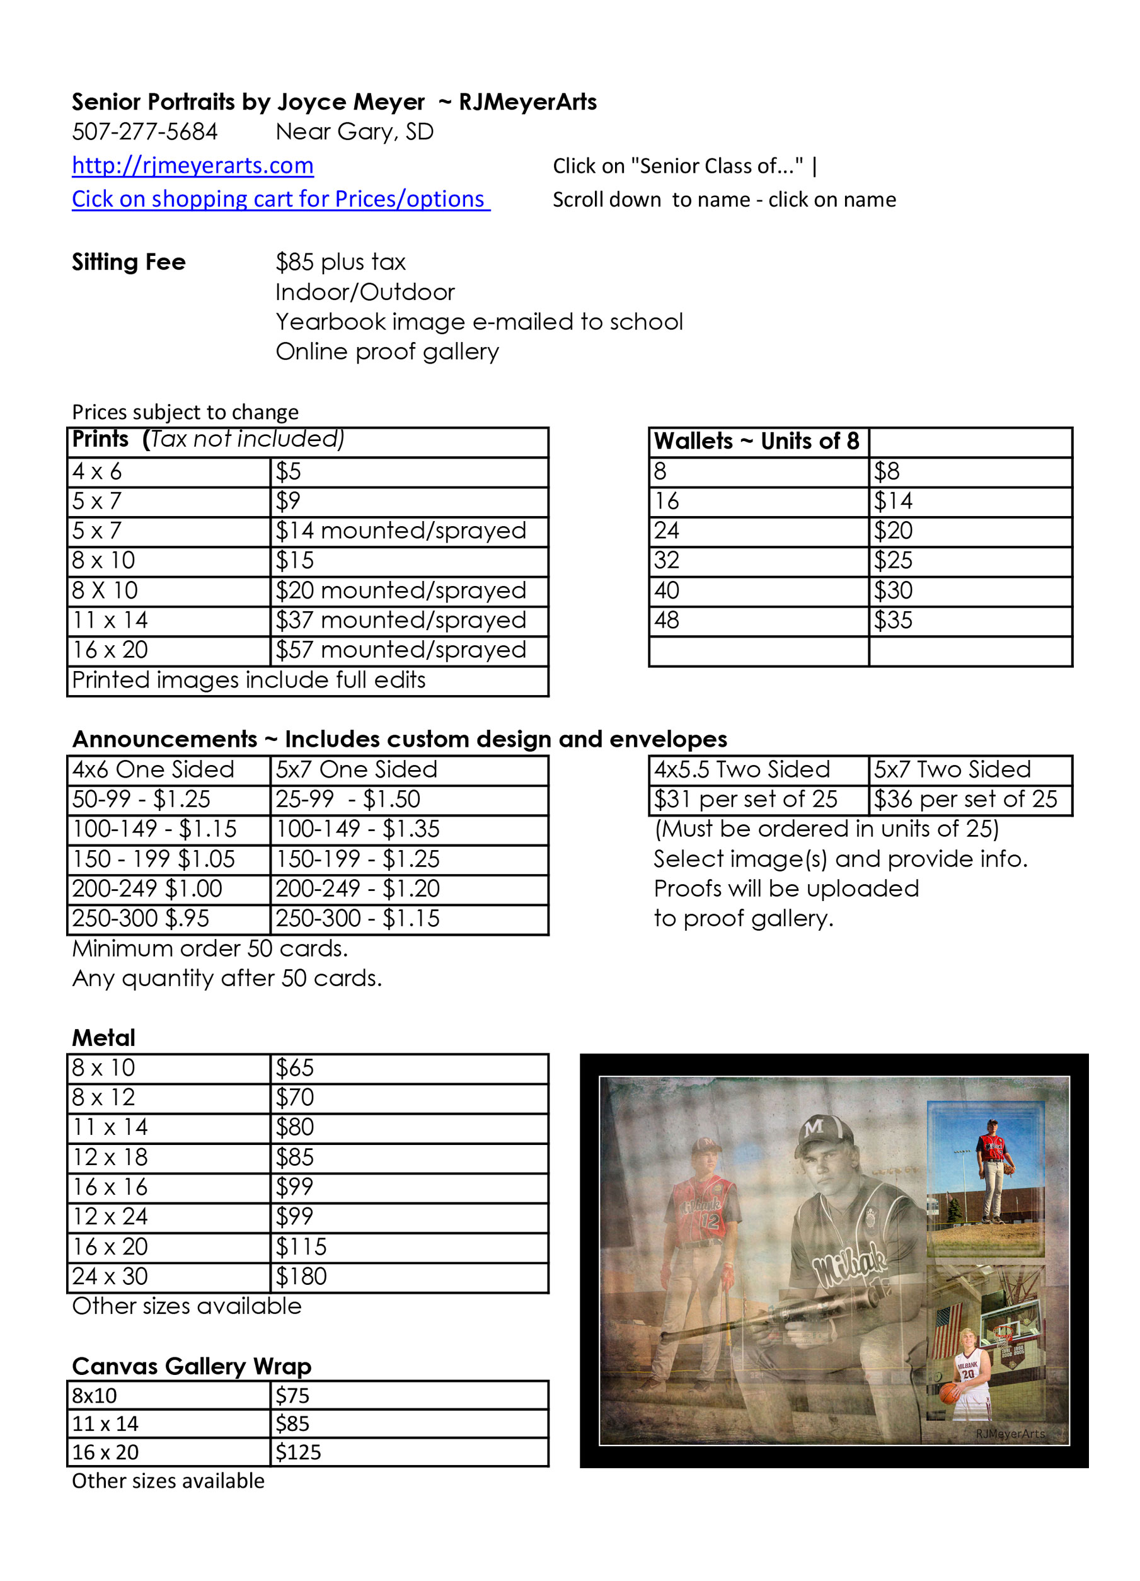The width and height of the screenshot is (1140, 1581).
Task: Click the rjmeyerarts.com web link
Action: click(x=192, y=165)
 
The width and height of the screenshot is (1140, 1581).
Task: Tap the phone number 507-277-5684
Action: click(x=145, y=132)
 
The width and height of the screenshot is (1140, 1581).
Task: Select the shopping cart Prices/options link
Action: click(x=280, y=198)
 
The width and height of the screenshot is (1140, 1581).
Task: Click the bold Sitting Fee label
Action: click(x=129, y=262)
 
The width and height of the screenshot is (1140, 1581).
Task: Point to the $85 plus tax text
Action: click(x=340, y=262)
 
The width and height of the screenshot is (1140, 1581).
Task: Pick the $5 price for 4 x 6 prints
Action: click(x=289, y=472)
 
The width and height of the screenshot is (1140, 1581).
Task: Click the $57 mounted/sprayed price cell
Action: click(x=401, y=650)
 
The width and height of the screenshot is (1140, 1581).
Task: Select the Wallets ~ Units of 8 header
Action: click(x=756, y=441)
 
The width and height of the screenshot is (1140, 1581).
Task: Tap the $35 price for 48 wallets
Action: click(x=893, y=621)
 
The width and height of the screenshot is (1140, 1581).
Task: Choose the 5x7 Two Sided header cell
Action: click(x=952, y=769)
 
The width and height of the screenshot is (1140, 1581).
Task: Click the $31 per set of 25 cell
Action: click(x=746, y=800)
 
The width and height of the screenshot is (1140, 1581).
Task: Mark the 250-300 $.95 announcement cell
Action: click(x=141, y=919)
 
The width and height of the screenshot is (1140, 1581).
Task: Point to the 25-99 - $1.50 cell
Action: click(x=348, y=800)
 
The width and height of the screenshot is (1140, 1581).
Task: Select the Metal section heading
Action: click(x=104, y=1038)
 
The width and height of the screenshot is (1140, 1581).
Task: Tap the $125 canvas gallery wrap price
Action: click(x=299, y=1452)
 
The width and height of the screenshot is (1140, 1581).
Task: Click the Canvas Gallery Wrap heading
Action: click(x=192, y=1366)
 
